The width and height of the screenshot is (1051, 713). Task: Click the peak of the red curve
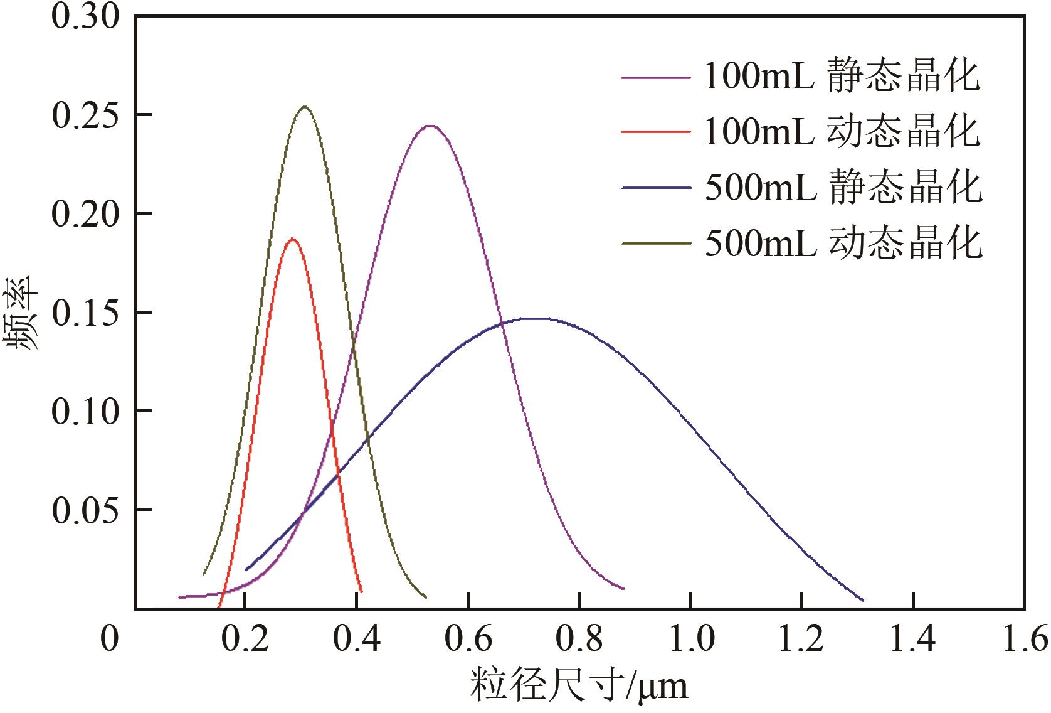(292, 239)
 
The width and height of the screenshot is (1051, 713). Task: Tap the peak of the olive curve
(305, 107)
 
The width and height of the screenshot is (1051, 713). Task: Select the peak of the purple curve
(430, 126)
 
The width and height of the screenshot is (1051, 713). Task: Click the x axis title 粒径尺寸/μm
(579, 686)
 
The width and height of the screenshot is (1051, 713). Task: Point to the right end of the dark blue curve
(863, 600)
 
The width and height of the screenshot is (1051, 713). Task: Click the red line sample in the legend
(655, 132)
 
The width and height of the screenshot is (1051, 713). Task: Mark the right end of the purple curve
(623, 589)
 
